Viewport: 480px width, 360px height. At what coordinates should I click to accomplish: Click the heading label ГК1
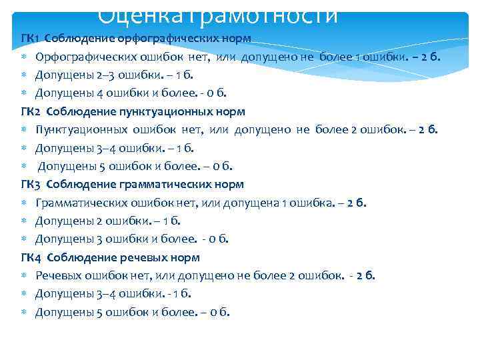point(31,37)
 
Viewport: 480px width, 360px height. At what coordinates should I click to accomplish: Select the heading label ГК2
point(31,111)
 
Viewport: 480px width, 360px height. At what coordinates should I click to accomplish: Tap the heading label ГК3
point(31,184)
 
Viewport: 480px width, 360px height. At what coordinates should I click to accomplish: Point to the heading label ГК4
point(31,257)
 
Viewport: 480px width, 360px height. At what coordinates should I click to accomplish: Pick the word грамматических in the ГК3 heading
point(171,184)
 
